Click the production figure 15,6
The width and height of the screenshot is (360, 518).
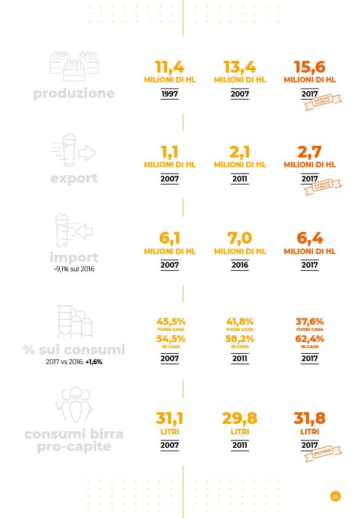(x=310, y=67)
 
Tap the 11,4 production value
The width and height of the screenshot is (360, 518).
(x=169, y=67)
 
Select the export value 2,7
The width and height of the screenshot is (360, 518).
(x=310, y=153)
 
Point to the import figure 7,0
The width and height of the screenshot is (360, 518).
(x=239, y=238)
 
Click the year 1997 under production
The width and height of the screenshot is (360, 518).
(x=169, y=94)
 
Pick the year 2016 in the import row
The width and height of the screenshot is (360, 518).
(x=239, y=265)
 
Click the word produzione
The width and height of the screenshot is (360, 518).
(x=74, y=94)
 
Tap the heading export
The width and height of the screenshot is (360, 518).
(x=74, y=178)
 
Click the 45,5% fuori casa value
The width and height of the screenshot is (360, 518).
(x=171, y=322)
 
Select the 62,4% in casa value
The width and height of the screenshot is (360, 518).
(x=310, y=339)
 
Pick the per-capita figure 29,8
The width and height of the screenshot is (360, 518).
(x=239, y=419)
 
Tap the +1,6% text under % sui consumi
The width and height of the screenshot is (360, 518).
(x=94, y=362)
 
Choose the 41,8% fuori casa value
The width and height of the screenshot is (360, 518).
(x=239, y=322)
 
